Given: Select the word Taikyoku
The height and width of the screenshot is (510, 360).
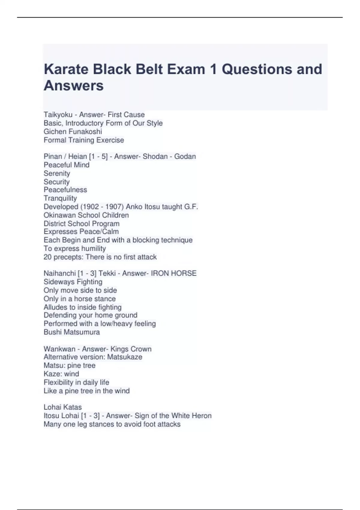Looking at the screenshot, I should point(58,115).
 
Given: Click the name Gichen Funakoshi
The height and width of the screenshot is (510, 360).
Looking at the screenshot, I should point(73,132).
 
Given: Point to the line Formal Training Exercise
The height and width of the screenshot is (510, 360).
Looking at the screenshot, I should point(84,140).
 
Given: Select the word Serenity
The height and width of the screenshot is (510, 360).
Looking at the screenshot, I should point(57,173).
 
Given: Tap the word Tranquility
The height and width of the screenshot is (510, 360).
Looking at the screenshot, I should point(60,198).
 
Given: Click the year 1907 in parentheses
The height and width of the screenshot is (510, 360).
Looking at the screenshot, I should point(114,207).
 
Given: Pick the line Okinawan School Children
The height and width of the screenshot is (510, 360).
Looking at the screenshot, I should point(86,215).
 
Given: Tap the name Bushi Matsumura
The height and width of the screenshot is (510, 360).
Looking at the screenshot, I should point(72,332).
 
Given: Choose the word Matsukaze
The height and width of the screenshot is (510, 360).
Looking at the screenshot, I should point(124,357).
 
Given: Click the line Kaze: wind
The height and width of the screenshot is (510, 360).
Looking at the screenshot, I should point(61,374).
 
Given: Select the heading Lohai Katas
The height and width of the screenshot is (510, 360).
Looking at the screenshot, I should point(63,407).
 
